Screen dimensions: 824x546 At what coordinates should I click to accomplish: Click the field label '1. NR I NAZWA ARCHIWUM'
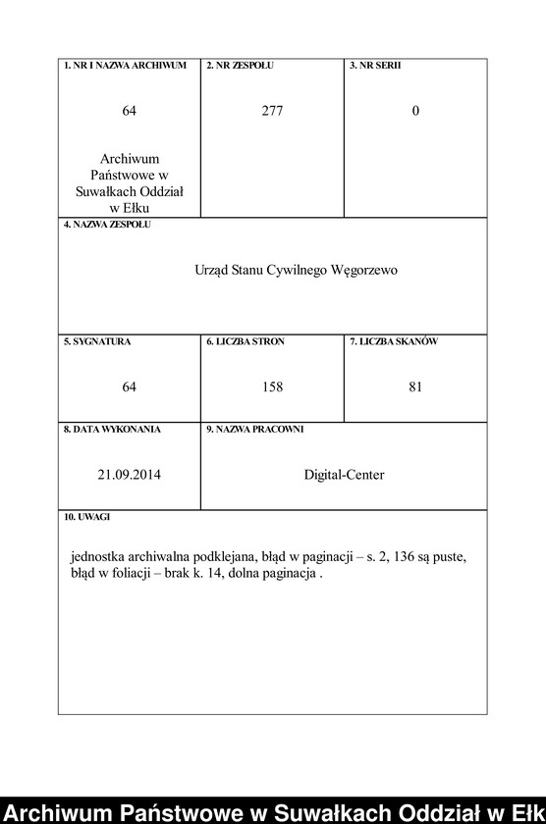tap(125, 66)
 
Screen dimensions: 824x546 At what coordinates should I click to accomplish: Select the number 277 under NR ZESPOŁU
tap(272, 111)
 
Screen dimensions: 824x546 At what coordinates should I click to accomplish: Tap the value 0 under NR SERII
tap(415, 111)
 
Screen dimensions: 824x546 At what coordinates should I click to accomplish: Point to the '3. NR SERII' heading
tap(374, 66)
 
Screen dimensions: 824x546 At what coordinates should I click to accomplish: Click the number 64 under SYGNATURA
tap(129, 387)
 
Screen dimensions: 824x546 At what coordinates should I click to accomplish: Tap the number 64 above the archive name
tap(129, 111)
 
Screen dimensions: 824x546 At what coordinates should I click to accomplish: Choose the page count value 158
tap(272, 387)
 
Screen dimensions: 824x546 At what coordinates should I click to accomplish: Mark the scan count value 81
tap(415, 387)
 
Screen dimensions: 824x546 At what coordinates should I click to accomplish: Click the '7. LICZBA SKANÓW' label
tap(394, 342)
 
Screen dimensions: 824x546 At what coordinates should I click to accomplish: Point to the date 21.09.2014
tap(129, 475)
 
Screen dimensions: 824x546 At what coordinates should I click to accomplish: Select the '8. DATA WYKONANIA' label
tap(112, 430)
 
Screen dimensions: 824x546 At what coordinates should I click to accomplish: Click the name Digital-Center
tap(344, 475)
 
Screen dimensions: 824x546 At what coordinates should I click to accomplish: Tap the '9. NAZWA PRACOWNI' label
tap(254, 430)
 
